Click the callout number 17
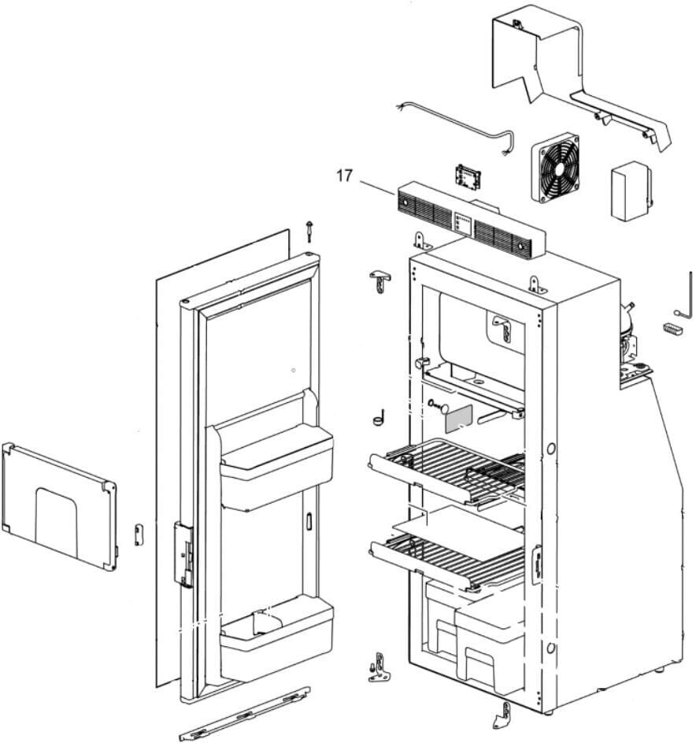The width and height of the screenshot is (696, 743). click(344, 176)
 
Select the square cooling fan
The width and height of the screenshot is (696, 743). click(555, 167)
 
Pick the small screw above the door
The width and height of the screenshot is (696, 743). click(311, 230)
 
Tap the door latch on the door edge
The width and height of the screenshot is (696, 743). click(184, 555)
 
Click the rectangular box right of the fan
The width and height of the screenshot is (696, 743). click(631, 192)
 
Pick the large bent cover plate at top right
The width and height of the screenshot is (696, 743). click(567, 71)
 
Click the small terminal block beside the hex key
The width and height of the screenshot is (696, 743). click(671, 329)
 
